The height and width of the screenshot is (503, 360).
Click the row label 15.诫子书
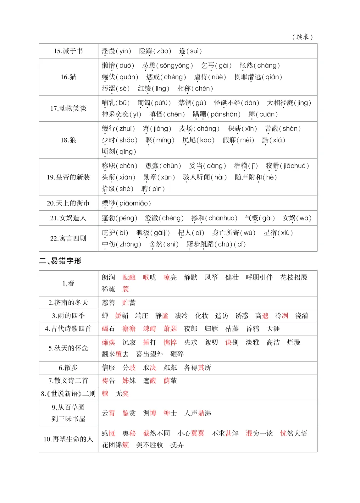coord(68,51)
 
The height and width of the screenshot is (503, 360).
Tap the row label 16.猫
coord(68,77)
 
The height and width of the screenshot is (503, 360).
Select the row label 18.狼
coord(68,140)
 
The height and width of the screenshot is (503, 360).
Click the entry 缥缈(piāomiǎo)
coord(126,203)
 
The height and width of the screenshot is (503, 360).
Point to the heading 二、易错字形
coord(60,261)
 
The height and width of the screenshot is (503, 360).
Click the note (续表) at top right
coord(302,37)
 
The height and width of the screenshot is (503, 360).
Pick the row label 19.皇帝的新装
coord(68,177)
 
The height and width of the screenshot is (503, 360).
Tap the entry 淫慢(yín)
coord(116,51)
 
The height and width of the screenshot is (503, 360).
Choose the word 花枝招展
coord(294,277)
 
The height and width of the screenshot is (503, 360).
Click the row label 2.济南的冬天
coord(68,303)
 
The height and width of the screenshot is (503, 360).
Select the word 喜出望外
coord(150,354)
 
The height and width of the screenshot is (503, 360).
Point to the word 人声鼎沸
coord(198,413)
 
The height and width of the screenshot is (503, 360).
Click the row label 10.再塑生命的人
coord(68,439)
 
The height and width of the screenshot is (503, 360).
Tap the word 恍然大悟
coord(294,433)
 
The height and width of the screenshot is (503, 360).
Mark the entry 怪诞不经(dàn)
coord(236,103)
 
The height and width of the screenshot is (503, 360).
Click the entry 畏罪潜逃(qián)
coord(258,77)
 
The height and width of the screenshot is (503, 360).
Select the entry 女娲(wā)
coord(297,218)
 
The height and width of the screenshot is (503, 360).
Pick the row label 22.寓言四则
coord(68,238)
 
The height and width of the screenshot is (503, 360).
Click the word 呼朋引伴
coord(259,277)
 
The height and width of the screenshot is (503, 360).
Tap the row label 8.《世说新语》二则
coord(68,394)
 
